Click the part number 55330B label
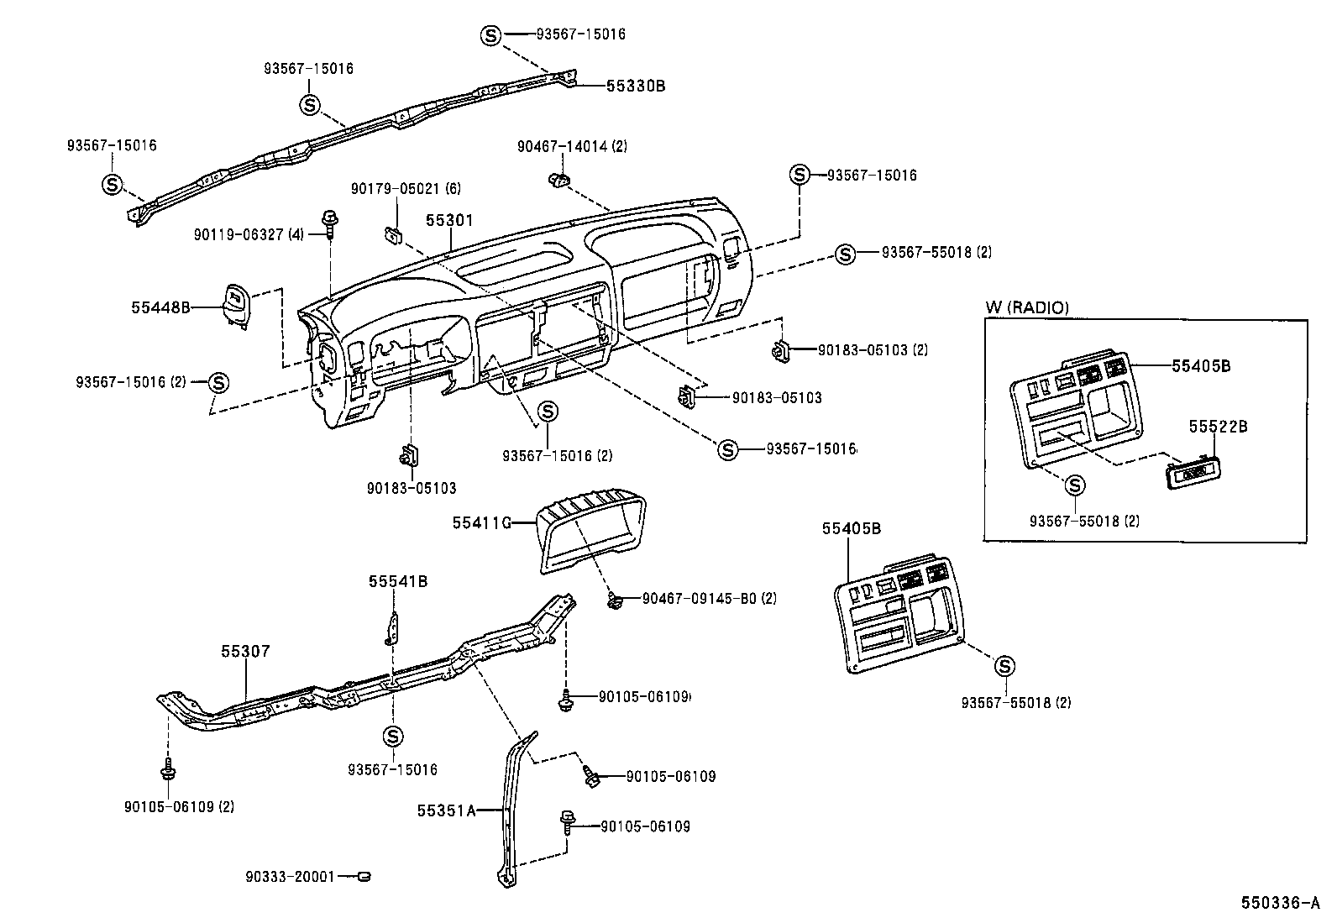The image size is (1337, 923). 635,86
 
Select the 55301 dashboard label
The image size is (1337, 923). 448,221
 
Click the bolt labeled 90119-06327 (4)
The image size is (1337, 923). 328,222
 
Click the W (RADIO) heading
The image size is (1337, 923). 1026,308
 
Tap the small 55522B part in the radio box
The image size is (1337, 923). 1192,474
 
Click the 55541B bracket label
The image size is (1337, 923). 398,581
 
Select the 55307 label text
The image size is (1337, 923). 245,651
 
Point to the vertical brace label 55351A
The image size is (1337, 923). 446,810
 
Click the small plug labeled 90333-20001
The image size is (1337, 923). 364,877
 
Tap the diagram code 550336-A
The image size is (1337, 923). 1281,904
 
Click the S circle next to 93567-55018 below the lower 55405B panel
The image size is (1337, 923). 1004,666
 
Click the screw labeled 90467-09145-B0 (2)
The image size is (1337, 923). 615,600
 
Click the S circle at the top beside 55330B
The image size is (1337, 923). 490,34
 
